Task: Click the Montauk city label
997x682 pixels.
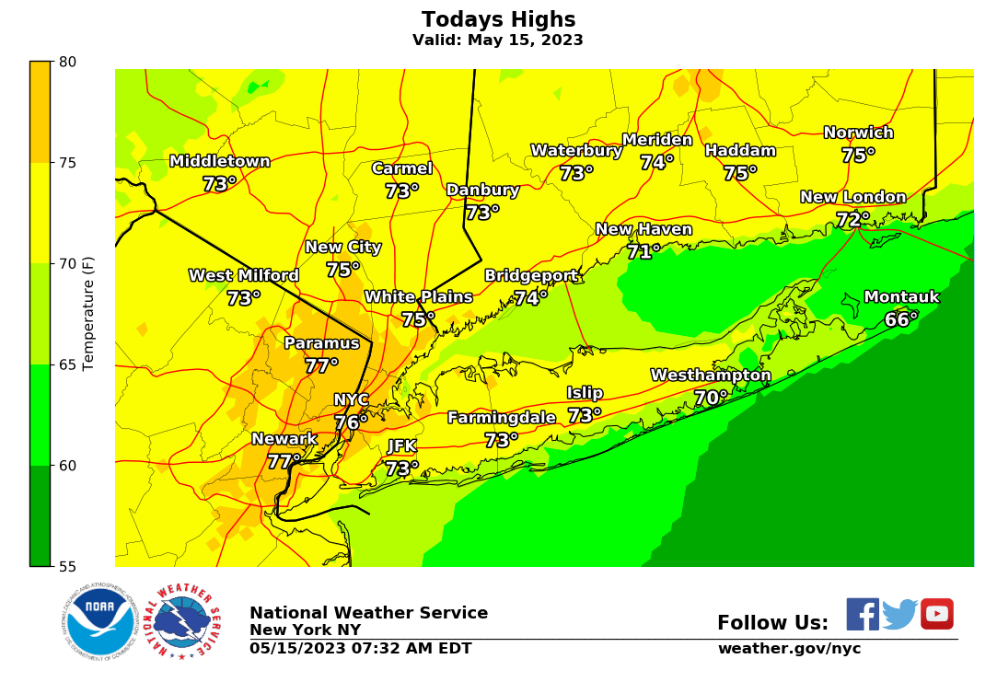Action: pyautogui.click(x=901, y=297)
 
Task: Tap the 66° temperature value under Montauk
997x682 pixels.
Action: pyautogui.click(x=901, y=319)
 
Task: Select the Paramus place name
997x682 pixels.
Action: pyautogui.click(x=321, y=343)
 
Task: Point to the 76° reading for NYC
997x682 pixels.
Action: pyautogui.click(x=351, y=422)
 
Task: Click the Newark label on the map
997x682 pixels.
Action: pyautogui.click(x=284, y=439)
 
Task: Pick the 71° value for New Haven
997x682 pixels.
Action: pyautogui.click(x=643, y=251)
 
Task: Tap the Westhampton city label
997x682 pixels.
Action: pyautogui.click(x=711, y=376)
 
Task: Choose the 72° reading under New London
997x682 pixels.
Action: pyautogui.click(x=852, y=220)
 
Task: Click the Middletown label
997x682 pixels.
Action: pyautogui.click(x=219, y=162)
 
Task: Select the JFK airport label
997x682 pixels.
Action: pyautogui.click(x=401, y=446)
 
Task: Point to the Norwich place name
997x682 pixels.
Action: pyautogui.click(x=858, y=133)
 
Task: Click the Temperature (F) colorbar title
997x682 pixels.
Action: pyautogui.click(x=89, y=314)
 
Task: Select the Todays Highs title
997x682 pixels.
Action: pyautogui.click(x=498, y=20)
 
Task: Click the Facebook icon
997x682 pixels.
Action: pyautogui.click(x=863, y=614)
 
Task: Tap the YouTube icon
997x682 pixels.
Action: pyautogui.click(x=936, y=614)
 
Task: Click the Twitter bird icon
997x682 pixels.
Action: pyautogui.click(x=899, y=614)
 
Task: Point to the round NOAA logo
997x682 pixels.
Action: pyautogui.click(x=100, y=619)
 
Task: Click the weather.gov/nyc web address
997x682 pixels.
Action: pyautogui.click(x=789, y=649)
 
